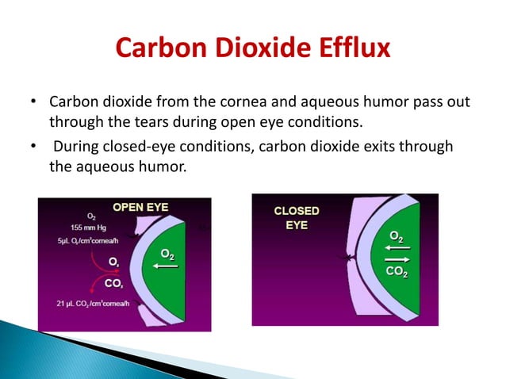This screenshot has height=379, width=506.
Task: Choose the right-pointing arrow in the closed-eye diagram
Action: click(x=396, y=258)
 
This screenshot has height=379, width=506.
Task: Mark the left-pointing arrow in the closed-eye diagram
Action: click(x=396, y=247)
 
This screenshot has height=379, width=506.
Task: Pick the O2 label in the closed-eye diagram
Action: click(x=397, y=235)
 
